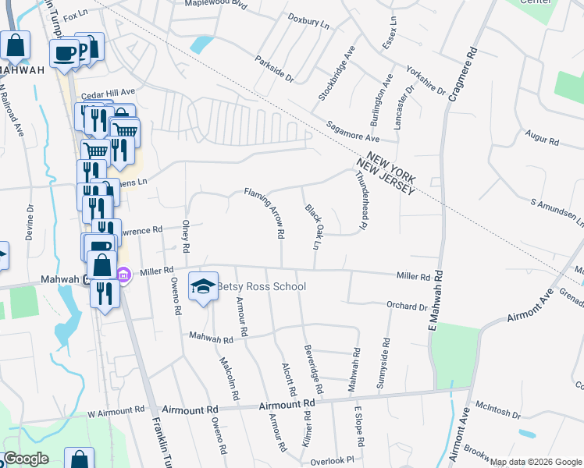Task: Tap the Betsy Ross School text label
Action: point(262,286)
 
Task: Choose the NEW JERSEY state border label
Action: point(383,176)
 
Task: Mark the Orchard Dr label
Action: point(407,307)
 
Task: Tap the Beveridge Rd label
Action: point(313,368)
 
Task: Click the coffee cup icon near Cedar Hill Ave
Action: point(64,52)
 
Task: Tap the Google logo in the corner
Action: point(26,459)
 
